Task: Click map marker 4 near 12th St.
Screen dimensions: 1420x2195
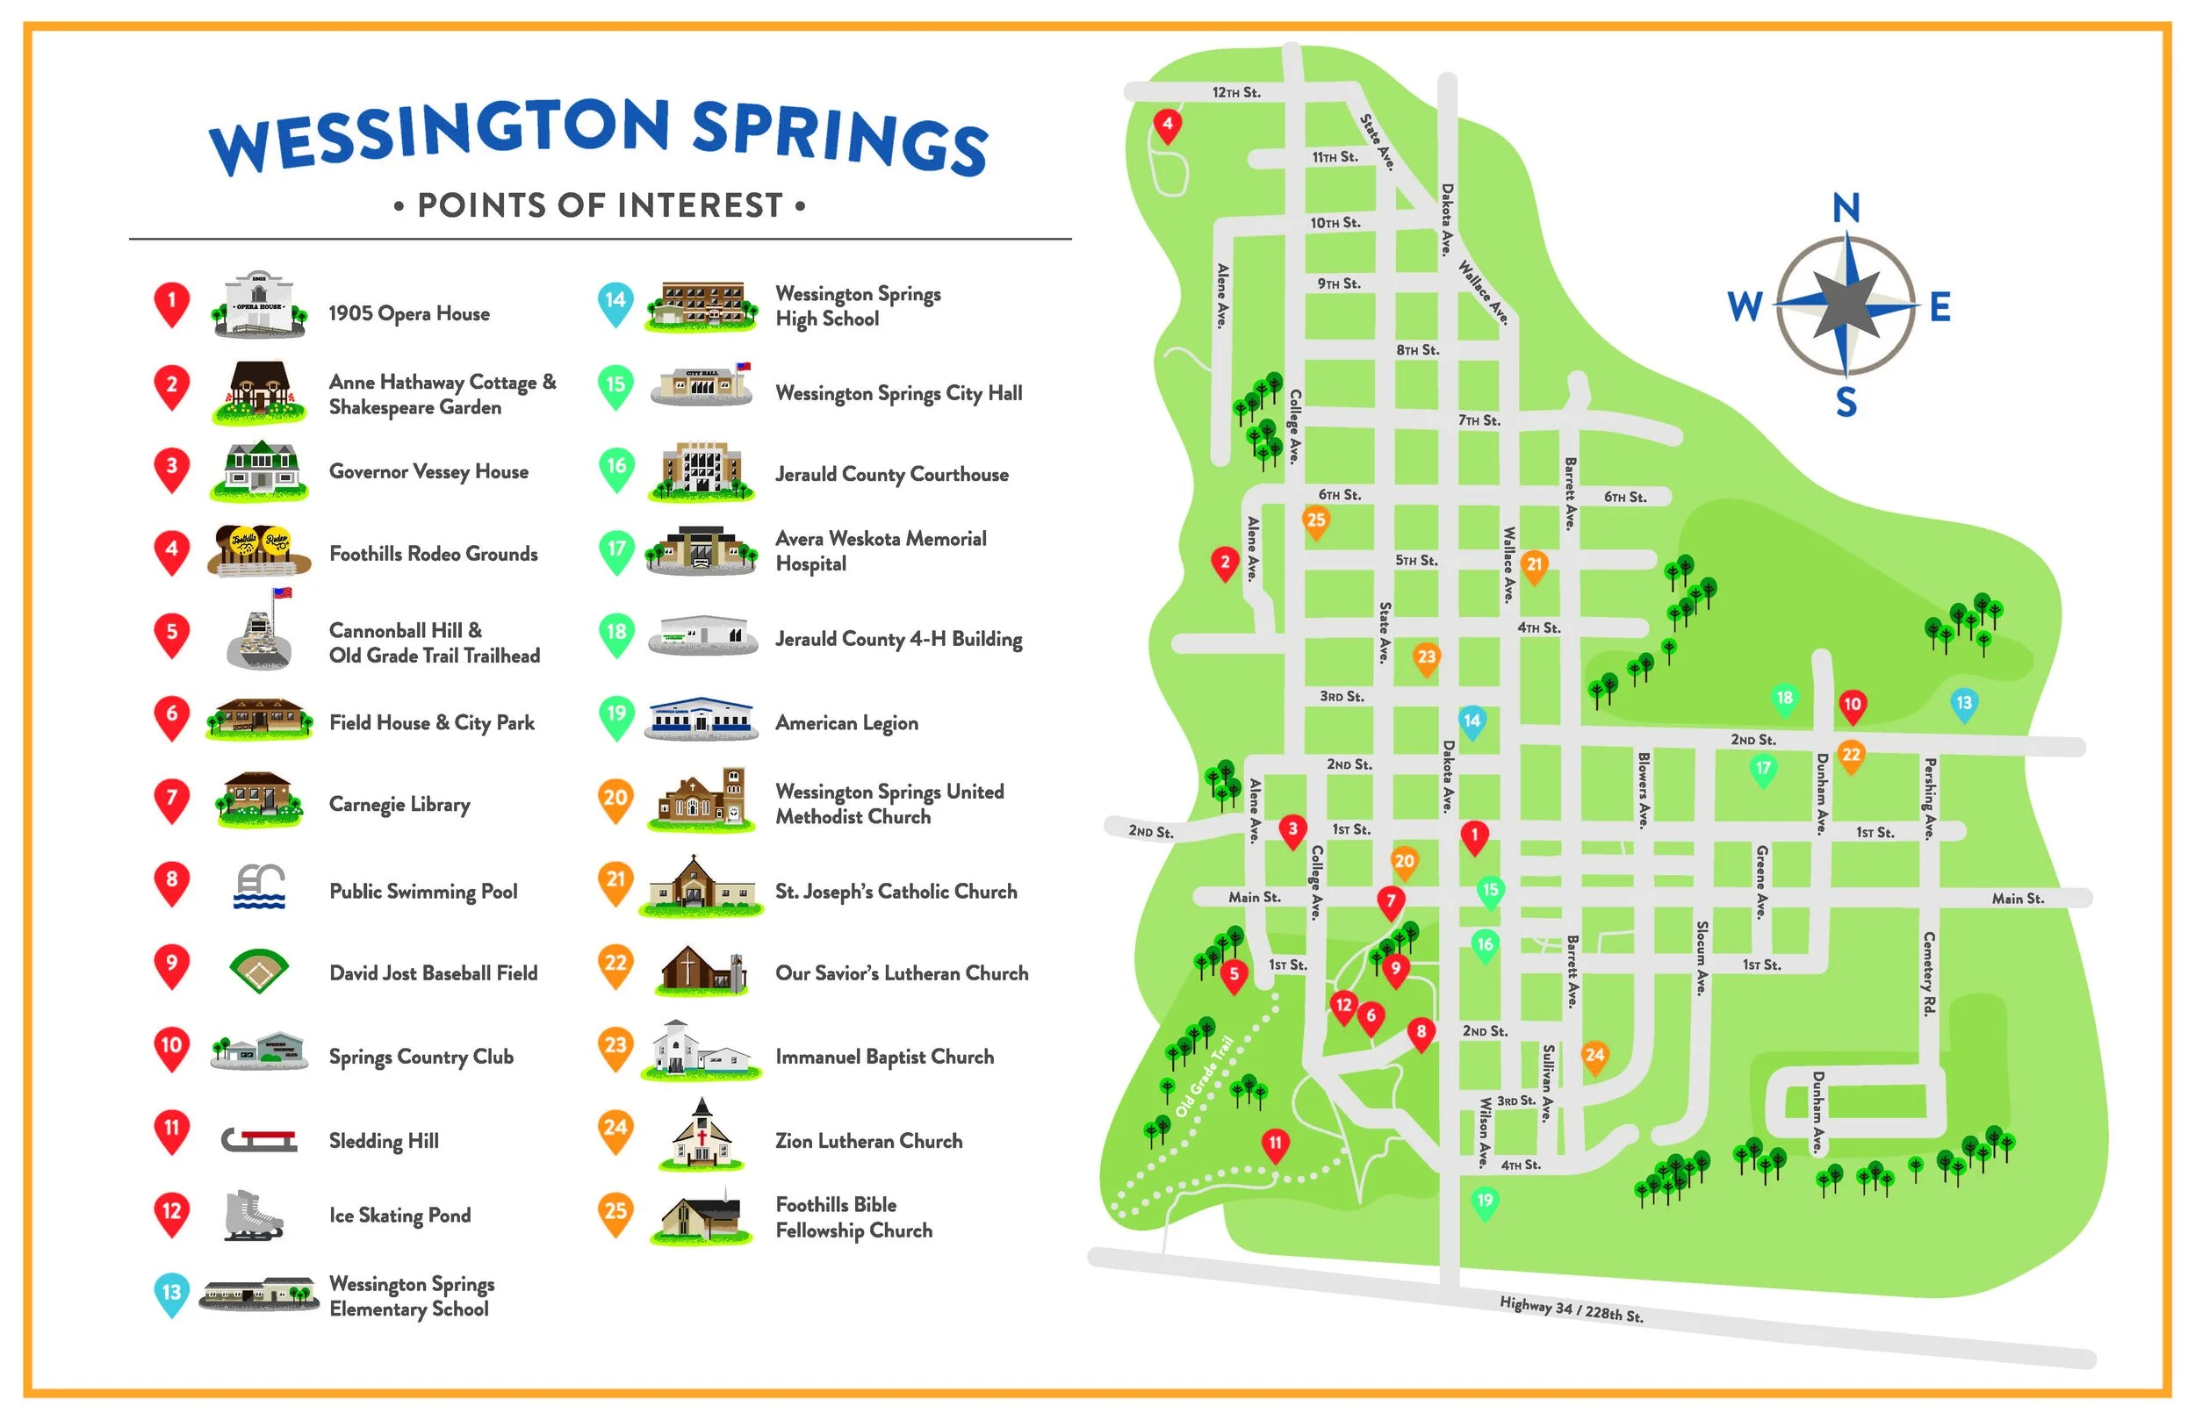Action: [x=1168, y=125]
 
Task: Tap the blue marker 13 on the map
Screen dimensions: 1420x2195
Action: [x=1963, y=704]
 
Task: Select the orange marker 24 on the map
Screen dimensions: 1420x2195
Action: [x=1594, y=1056]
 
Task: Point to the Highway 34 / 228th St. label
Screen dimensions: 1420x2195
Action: [x=1571, y=1309]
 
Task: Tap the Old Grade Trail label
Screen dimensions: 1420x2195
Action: [x=1205, y=1077]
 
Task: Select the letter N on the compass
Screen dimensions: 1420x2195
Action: [x=1846, y=208]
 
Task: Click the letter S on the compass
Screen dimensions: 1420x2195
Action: [x=1846, y=403]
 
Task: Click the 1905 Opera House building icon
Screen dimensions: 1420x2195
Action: [x=259, y=305]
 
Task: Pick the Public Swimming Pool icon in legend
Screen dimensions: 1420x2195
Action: [x=259, y=887]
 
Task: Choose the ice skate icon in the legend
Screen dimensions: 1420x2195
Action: [x=253, y=1216]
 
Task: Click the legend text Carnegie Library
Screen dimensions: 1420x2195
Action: [x=399, y=805]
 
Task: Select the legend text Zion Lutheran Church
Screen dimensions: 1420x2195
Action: [x=867, y=1142]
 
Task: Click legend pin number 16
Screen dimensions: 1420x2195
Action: [x=616, y=468]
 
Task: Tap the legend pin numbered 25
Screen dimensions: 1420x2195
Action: [x=616, y=1212]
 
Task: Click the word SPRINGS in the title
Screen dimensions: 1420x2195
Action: [x=839, y=139]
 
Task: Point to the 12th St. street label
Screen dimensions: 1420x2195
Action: [x=1236, y=93]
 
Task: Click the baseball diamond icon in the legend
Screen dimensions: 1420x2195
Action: [x=259, y=970]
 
